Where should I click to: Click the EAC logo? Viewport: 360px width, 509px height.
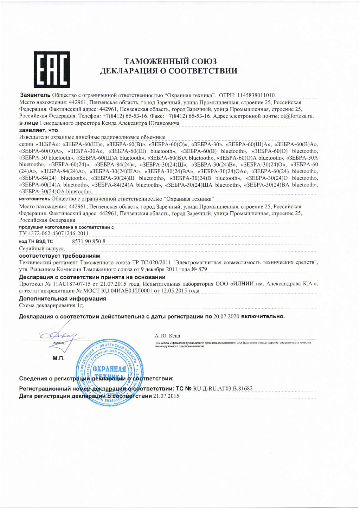point(52,70)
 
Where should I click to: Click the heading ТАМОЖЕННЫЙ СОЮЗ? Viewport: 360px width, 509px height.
point(170,61)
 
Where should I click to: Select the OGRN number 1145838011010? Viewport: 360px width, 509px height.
point(256,95)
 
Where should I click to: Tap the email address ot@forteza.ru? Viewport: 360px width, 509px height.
point(297,116)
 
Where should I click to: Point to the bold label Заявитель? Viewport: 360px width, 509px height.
point(35,95)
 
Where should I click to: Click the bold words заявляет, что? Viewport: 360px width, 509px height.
point(38,130)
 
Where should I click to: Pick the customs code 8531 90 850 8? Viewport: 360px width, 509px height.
point(89,241)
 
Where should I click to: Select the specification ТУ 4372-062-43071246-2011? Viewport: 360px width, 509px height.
point(54,233)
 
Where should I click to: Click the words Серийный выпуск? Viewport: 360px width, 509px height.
point(42,249)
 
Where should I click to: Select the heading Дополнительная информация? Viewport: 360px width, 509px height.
point(63,298)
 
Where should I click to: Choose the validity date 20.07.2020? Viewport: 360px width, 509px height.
point(226,316)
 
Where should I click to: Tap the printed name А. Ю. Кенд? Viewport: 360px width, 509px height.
point(167,336)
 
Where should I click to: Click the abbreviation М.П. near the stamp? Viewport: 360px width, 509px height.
point(58,359)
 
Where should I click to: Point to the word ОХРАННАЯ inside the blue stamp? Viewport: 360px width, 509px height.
point(109,369)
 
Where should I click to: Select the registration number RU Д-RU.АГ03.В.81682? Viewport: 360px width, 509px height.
point(223,388)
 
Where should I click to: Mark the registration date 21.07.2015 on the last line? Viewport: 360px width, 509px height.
point(166,396)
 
